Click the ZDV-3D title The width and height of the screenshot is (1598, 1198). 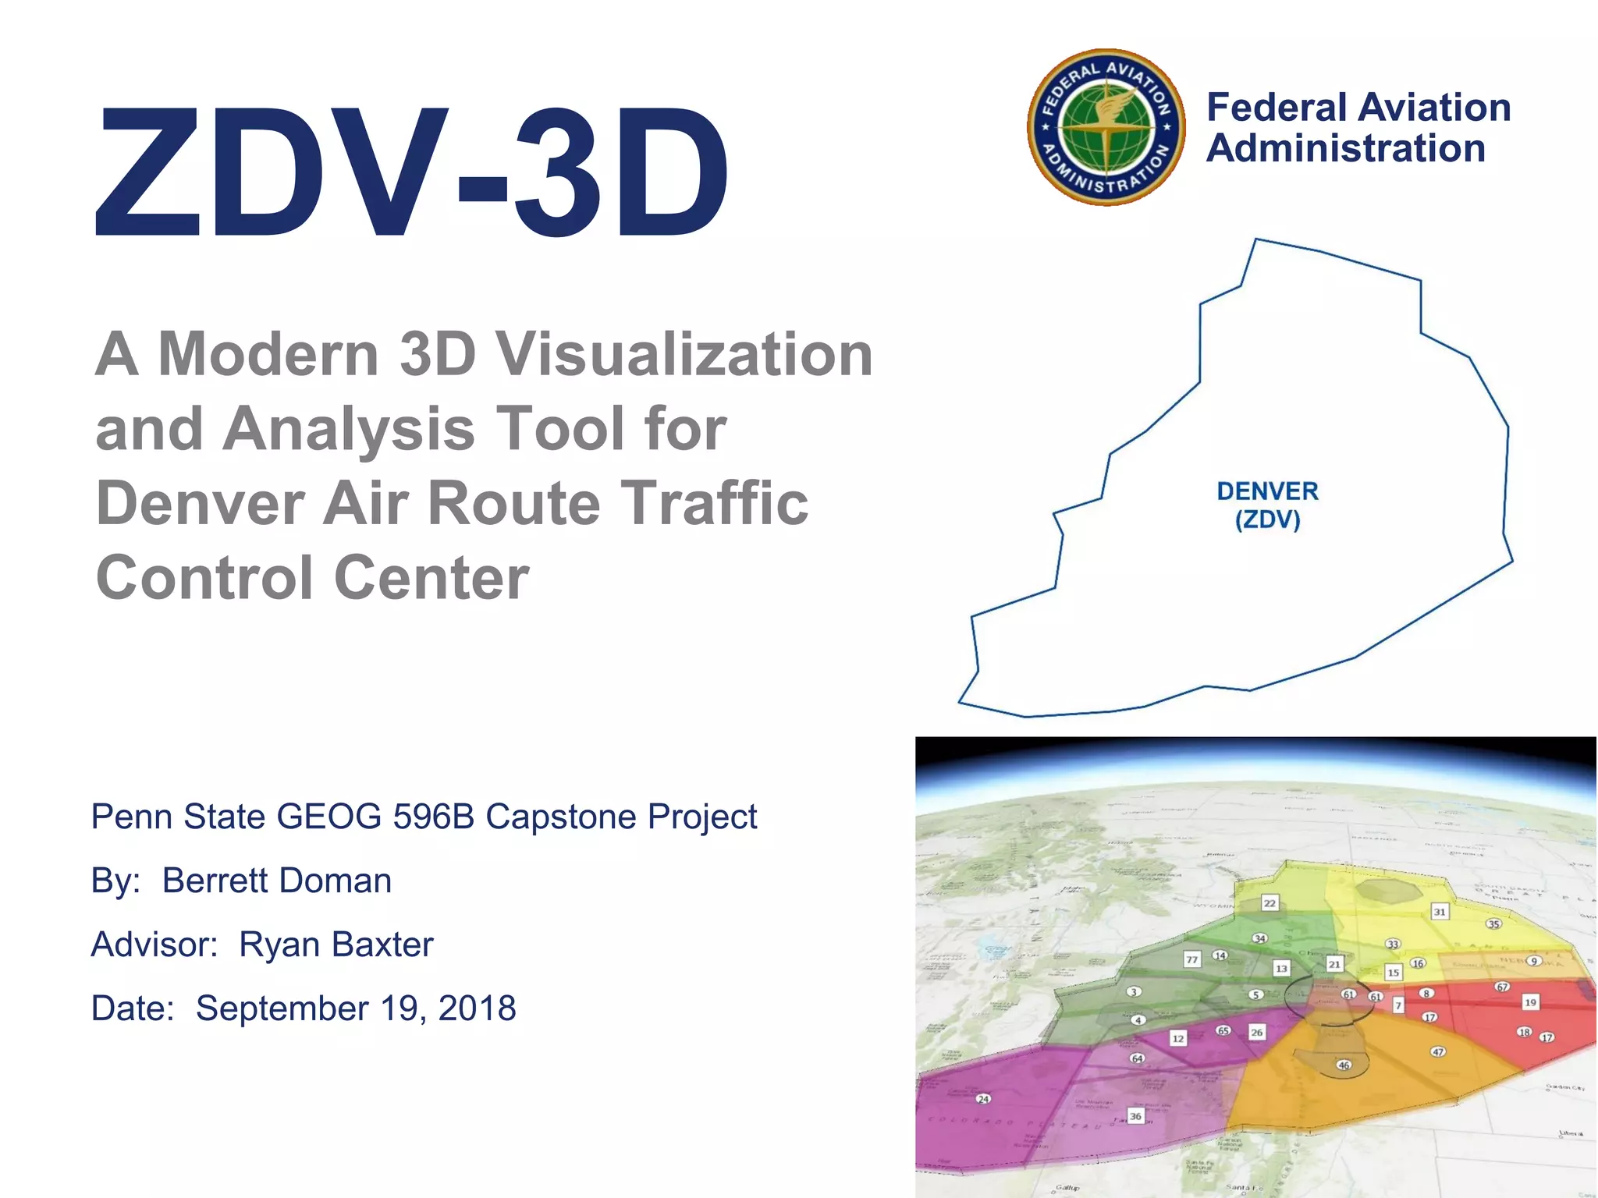click(411, 172)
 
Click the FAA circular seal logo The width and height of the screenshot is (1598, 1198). click(1106, 128)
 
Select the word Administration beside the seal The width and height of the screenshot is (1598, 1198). click(1345, 148)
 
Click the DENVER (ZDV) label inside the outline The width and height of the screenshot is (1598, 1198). click(1267, 505)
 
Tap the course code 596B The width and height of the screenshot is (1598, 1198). click(434, 817)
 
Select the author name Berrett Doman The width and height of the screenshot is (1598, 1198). click(277, 881)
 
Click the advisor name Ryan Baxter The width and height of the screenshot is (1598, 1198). click(336, 945)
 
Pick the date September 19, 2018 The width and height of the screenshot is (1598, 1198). click(356, 1008)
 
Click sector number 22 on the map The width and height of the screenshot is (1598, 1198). click(1270, 903)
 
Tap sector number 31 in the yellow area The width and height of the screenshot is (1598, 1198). click(1440, 912)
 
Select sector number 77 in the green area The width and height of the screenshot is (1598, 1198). click(1191, 960)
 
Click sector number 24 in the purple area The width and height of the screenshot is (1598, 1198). click(983, 1099)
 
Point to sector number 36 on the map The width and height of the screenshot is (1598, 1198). click(1135, 1116)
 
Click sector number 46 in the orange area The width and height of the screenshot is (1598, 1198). click(1343, 1065)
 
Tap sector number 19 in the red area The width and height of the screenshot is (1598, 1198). click(1530, 1002)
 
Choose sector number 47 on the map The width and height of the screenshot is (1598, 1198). click(1438, 1051)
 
